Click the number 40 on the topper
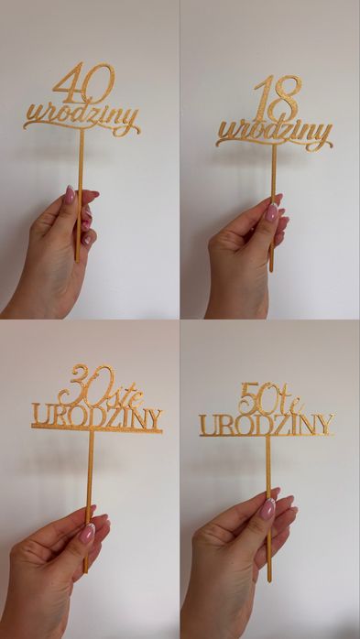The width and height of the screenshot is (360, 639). (x=84, y=83)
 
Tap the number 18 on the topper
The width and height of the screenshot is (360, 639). (x=278, y=98)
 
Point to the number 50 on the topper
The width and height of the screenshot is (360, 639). (x=256, y=397)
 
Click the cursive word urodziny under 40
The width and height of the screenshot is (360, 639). (x=82, y=119)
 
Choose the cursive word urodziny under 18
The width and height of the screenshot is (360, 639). (x=275, y=134)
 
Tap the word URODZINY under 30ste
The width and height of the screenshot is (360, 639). (x=97, y=417)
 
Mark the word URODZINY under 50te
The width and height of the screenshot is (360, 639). (x=267, y=424)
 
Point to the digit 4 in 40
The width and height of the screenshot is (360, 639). (x=68, y=83)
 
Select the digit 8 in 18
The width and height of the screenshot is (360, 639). (x=289, y=98)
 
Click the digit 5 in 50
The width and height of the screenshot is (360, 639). (x=248, y=398)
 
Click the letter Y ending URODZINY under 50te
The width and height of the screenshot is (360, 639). (x=326, y=424)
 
